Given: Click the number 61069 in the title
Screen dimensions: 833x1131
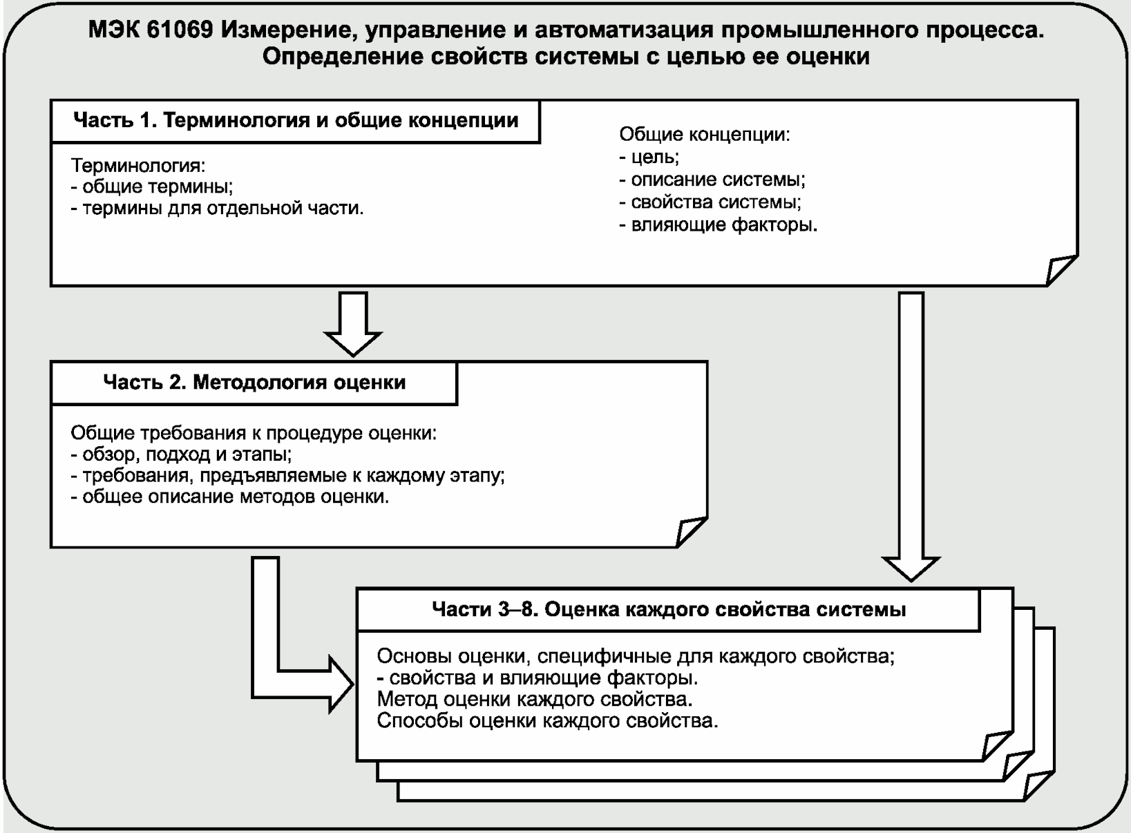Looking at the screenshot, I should (179, 31).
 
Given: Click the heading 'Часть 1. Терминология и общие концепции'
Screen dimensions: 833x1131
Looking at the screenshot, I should (296, 120).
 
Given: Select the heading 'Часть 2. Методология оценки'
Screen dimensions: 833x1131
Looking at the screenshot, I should (254, 382).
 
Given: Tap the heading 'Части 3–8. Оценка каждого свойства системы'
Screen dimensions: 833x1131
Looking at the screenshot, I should (668, 609).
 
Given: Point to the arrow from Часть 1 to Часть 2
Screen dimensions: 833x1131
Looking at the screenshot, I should (353, 322).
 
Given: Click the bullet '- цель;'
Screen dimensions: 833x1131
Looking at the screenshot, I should (649, 157).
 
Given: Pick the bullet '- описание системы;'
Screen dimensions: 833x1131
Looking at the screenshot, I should (712, 180).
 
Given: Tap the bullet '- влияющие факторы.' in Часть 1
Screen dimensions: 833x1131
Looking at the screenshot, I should (718, 224).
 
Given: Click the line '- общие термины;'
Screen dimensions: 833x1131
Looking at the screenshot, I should (152, 186).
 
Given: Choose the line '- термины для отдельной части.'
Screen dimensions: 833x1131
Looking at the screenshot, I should (217, 208).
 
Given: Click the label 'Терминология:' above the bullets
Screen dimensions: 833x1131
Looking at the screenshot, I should (138, 166).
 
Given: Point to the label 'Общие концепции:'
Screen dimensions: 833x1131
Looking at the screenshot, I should (704, 134).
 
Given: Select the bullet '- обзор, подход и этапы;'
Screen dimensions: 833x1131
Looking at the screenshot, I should (181, 454).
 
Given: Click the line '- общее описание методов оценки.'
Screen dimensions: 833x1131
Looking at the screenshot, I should (230, 497).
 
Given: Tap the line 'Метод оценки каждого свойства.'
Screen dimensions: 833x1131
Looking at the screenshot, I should (535, 699).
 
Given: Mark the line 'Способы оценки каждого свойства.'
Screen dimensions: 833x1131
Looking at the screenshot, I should (548, 720).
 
